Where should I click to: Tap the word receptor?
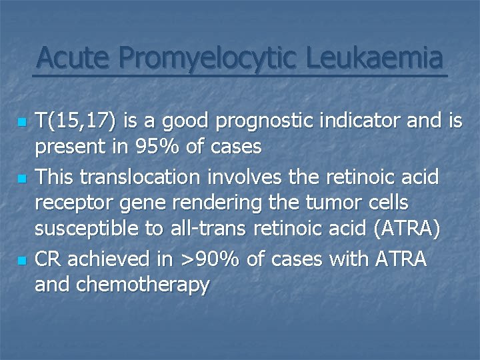pos(76,204)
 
